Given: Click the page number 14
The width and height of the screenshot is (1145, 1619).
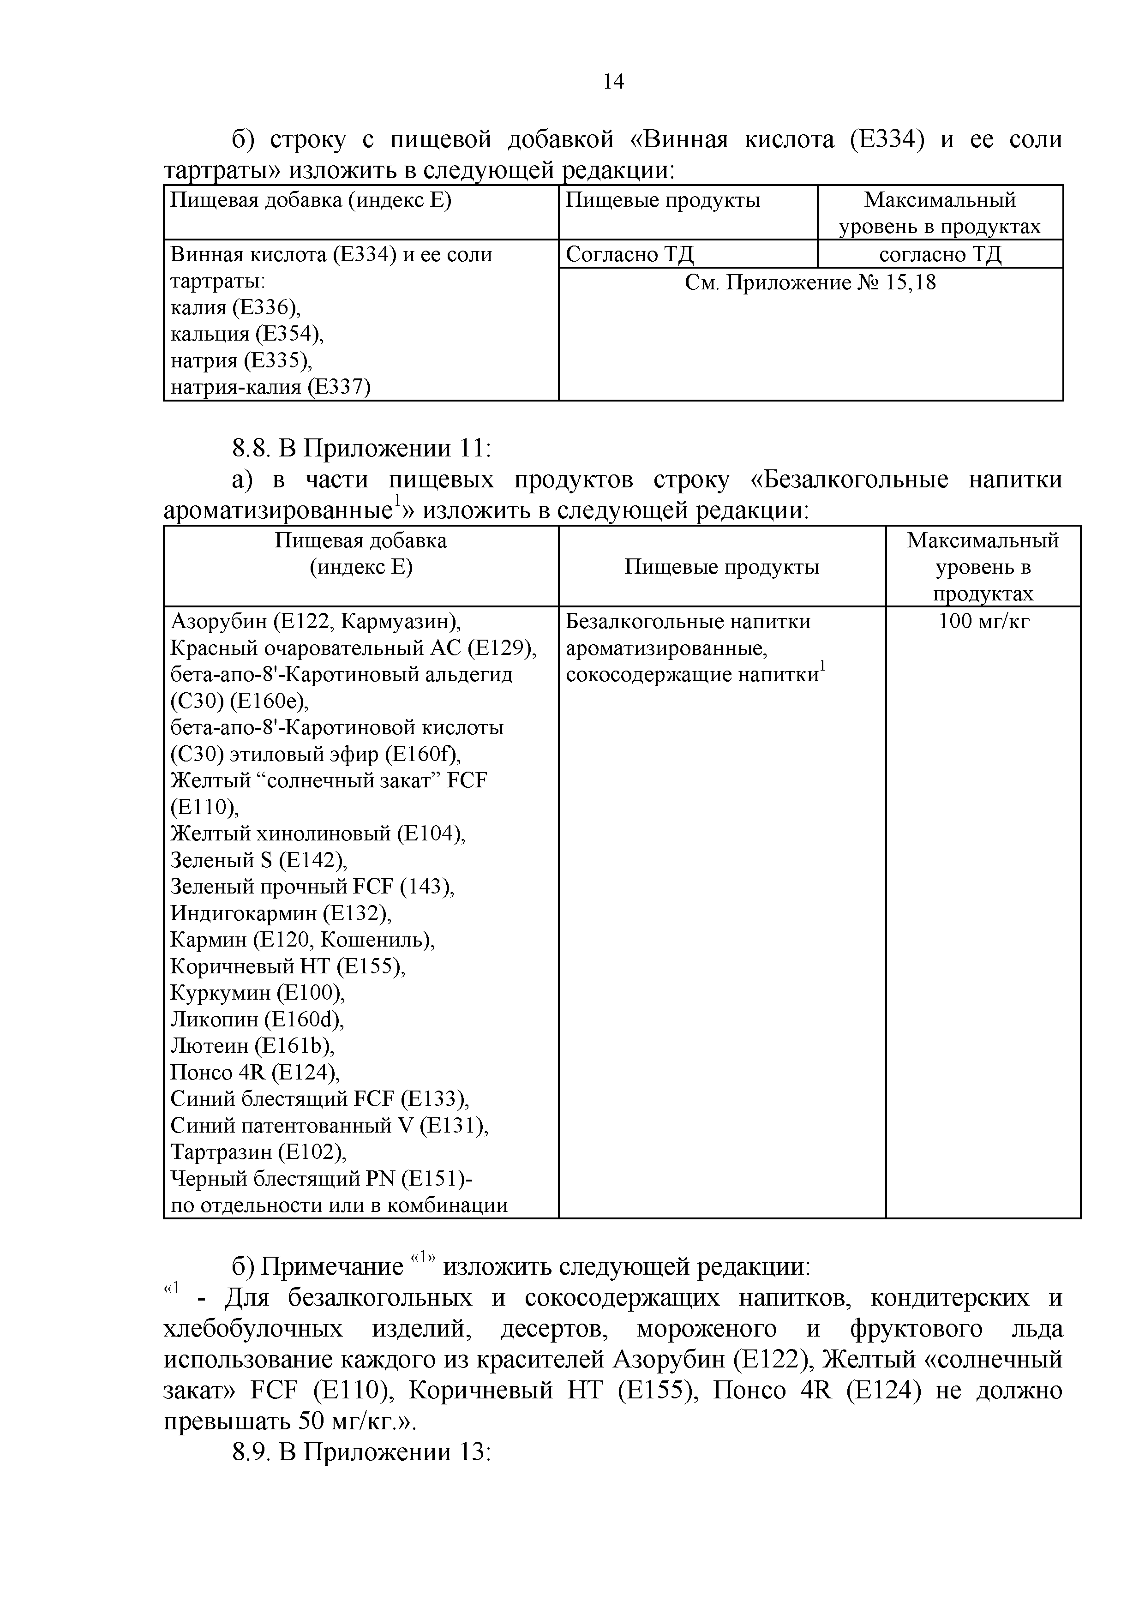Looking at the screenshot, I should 613,83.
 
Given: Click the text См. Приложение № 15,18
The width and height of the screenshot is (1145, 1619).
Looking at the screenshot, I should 810,283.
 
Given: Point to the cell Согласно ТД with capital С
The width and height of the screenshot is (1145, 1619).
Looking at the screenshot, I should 629,254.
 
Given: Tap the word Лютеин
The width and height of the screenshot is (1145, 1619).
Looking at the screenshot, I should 210,1046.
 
